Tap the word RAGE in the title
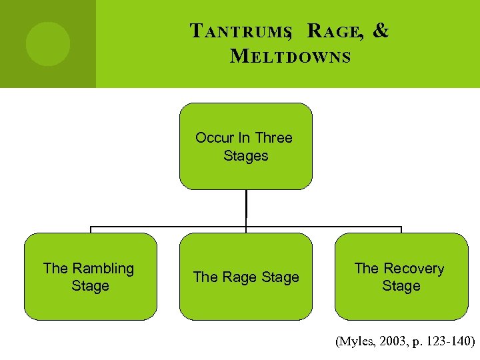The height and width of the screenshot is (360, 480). point(335,32)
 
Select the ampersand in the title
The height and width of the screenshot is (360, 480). point(381,31)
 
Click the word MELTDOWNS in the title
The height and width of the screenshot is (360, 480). point(290,56)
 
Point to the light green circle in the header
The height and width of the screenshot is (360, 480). point(48,43)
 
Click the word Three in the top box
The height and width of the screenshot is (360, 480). point(273,138)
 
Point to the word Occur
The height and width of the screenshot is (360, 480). point(214,138)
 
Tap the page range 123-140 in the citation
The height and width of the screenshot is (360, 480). point(448,342)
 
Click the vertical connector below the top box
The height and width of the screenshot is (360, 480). point(246,203)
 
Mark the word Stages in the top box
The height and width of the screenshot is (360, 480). point(245,156)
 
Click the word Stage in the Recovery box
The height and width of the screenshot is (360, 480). point(401,286)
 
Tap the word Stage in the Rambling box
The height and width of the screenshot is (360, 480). point(90,286)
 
